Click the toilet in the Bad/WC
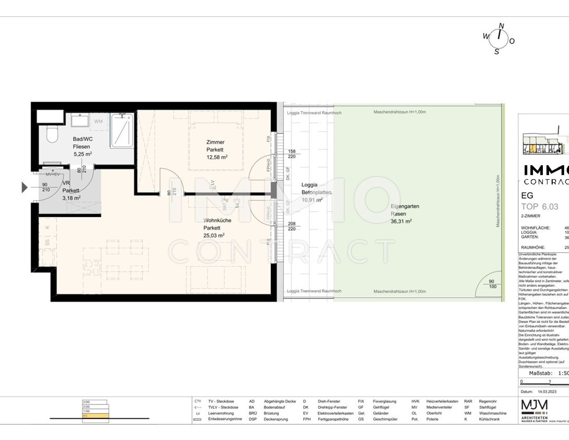click(52, 134)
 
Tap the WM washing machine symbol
click(98, 121)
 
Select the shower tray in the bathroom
click(122, 130)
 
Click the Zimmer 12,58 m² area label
click(216, 149)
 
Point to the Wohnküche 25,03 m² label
click(214, 227)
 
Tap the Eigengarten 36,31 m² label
click(404, 213)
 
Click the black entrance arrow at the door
click(25, 188)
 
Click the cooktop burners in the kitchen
click(91, 267)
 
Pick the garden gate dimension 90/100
click(492, 284)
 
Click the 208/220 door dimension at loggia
click(292, 226)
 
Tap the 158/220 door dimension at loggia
click(292, 154)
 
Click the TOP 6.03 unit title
click(540, 207)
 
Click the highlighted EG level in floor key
click(96, 415)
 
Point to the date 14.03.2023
click(547, 391)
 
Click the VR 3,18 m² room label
click(71, 190)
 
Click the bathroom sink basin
click(80, 121)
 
